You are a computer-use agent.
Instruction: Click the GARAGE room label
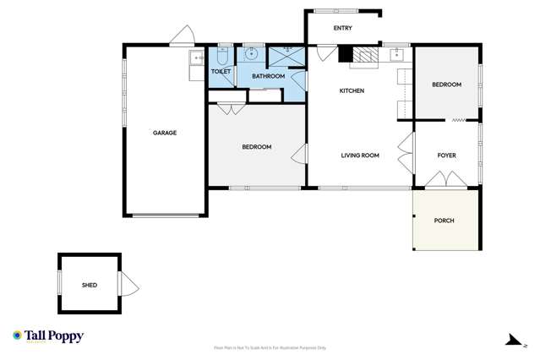[x=164, y=133]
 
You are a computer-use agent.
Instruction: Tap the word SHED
[x=89, y=286]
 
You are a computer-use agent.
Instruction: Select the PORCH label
[x=444, y=221]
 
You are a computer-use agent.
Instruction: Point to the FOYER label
[x=446, y=155]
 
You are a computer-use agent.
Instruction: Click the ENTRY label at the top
[x=342, y=29]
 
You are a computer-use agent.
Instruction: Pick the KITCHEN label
[x=352, y=90]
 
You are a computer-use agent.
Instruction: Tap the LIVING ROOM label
[x=360, y=155]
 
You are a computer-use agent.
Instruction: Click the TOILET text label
[x=221, y=72]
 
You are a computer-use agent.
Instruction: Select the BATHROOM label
[x=268, y=77]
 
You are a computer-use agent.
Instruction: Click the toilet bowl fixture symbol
[x=222, y=56]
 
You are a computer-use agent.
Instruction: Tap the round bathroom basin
[x=251, y=54]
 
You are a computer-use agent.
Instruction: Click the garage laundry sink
[x=197, y=58]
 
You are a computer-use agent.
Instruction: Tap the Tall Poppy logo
[x=48, y=336]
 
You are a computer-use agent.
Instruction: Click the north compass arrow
[x=513, y=341]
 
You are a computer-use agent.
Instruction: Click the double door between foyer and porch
[x=445, y=180]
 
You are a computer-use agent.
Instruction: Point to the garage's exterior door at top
[x=182, y=36]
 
